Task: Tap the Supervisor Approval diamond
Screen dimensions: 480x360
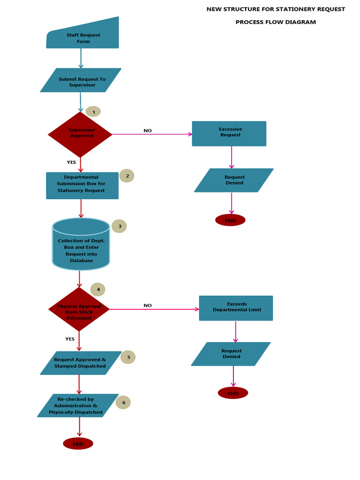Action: tap(80, 134)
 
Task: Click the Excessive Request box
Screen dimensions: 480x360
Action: tap(229, 133)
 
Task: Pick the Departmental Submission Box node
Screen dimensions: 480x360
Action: tap(82, 185)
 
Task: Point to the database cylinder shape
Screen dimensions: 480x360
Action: tap(81, 245)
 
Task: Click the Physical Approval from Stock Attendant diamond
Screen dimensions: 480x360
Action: tap(79, 310)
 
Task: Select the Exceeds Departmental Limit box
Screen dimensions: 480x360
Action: tap(236, 308)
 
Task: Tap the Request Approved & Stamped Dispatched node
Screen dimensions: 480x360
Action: tap(81, 363)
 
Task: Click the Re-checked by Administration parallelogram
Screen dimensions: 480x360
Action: tap(77, 405)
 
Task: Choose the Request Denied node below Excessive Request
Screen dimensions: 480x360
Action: tap(234, 180)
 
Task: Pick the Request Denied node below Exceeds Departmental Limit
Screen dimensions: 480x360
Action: tap(231, 354)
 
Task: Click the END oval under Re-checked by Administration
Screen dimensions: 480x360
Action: tap(78, 443)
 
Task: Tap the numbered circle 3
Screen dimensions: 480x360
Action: tap(119, 226)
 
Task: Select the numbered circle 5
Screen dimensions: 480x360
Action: tap(128, 357)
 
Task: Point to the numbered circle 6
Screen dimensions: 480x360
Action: tap(123, 402)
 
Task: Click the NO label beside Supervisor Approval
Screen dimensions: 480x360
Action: tap(148, 131)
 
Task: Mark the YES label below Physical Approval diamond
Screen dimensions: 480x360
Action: tap(70, 339)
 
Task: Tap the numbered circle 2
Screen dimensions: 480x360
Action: tap(127, 176)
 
